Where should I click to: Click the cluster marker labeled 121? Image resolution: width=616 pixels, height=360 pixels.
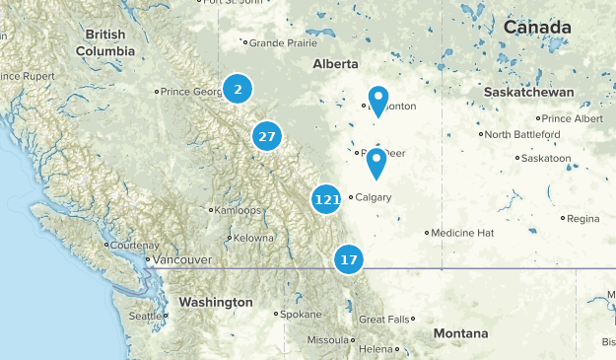[x=326, y=199]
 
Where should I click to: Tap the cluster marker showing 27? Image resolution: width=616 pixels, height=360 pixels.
[x=267, y=137]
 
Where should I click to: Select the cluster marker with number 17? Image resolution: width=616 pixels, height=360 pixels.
[x=348, y=260]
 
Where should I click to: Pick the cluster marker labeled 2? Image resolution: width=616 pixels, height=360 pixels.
[x=237, y=89]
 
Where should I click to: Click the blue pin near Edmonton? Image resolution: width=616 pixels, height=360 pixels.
[x=378, y=100]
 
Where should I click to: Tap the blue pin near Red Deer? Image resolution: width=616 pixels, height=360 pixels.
[x=376, y=163]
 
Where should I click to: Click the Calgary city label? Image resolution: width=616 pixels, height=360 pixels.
[x=373, y=197]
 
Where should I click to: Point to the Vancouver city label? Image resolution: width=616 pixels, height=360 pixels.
[x=180, y=259]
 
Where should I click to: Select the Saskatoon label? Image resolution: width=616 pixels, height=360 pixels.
[x=546, y=158]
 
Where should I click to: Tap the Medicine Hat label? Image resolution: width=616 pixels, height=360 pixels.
[x=462, y=233]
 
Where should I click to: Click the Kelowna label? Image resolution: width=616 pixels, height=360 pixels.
[x=253, y=238]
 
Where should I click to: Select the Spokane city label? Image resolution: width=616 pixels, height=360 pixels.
[x=301, y=315]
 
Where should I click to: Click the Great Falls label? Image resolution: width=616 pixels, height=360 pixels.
[x=384, y=320]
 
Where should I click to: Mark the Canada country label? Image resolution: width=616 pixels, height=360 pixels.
[x=537, y=27]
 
